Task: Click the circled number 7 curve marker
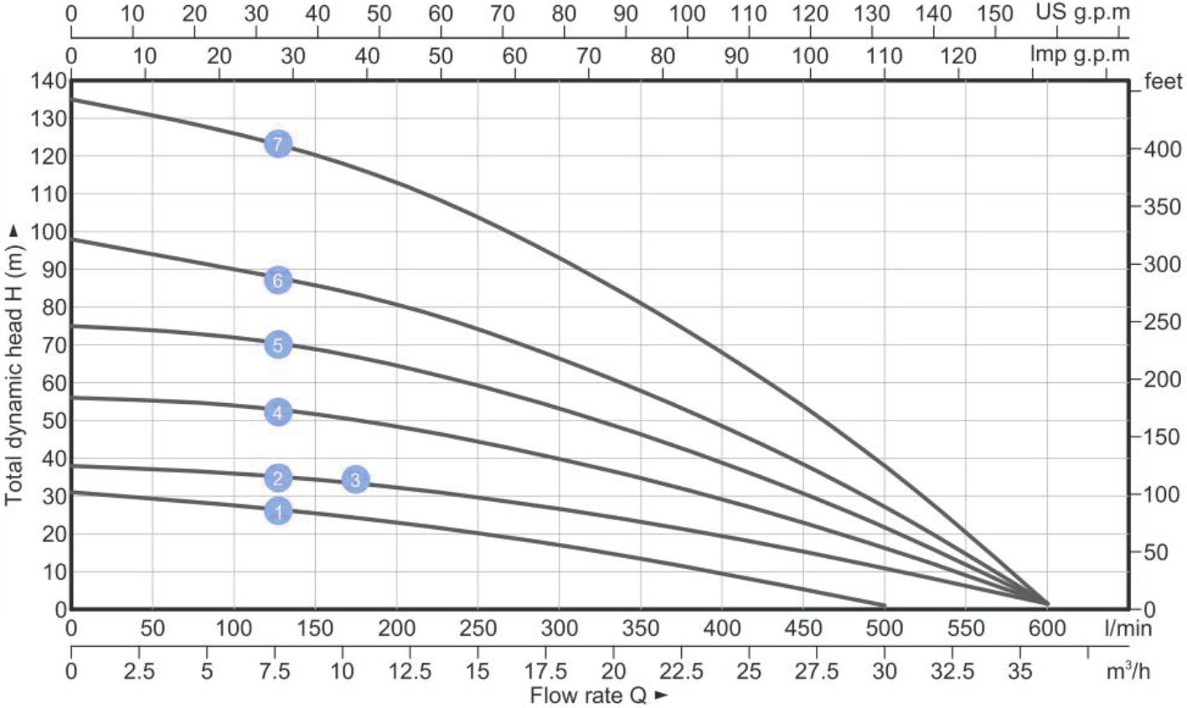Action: (x=278, y=144)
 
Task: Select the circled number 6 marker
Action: (x=278, y=281)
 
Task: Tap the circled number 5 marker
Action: (x=278, y=344)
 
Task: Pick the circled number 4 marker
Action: (x=278, y=411)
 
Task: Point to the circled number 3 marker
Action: (x=355, y=479)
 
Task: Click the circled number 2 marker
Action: (x=278, y=478)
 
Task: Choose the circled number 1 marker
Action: (x=278, y=510)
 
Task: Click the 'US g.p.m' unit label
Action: (x=1082, y=13)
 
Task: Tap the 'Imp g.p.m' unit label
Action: (x=1079, y=55)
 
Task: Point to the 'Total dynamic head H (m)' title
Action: (x=13, y=365)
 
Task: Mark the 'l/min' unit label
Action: (x=1128, y=628)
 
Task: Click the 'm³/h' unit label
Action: (x=1126, y=670)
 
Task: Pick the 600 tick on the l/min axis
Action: (x=1047, y=628)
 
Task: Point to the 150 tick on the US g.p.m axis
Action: (x=995, y=13)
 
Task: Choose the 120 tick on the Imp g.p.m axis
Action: (x=958, y=55)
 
